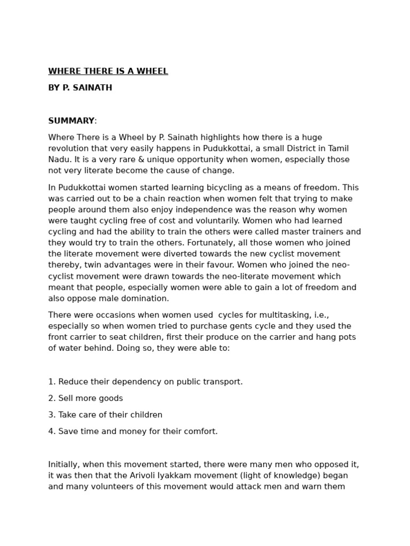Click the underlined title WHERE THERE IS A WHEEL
click(108, 71)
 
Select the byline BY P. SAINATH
click(80, 88)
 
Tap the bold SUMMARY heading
click(71, 121)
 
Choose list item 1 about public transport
click(145, 382)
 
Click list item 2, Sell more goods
click(85, 398)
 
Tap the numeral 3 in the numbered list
click(51, 415)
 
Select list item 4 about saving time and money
click(133, 431)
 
